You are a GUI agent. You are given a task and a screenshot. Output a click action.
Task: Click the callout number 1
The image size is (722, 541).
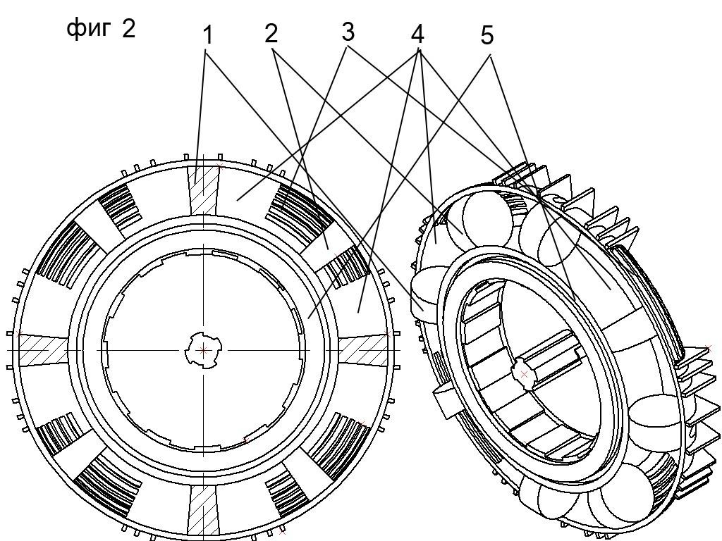[209, 35]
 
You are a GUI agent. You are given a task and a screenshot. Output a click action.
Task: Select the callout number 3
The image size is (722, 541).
[348, 32]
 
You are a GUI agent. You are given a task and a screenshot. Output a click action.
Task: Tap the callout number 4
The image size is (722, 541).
[417, 34]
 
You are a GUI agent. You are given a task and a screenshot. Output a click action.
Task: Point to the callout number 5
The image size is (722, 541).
[487, 35]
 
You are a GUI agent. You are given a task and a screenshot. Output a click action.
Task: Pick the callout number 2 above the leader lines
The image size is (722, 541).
[271, 34]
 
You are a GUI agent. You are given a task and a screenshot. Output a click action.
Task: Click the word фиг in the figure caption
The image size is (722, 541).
[89, 30]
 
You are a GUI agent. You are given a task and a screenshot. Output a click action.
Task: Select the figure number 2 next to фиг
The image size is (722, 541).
[128, 28]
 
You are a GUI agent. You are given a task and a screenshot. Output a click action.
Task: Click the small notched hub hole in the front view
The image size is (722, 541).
[203, 351]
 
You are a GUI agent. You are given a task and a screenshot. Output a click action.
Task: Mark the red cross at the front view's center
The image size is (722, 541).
[203, 351]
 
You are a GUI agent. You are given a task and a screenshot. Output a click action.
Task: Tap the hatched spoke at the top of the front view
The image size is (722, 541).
[203, 189]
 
